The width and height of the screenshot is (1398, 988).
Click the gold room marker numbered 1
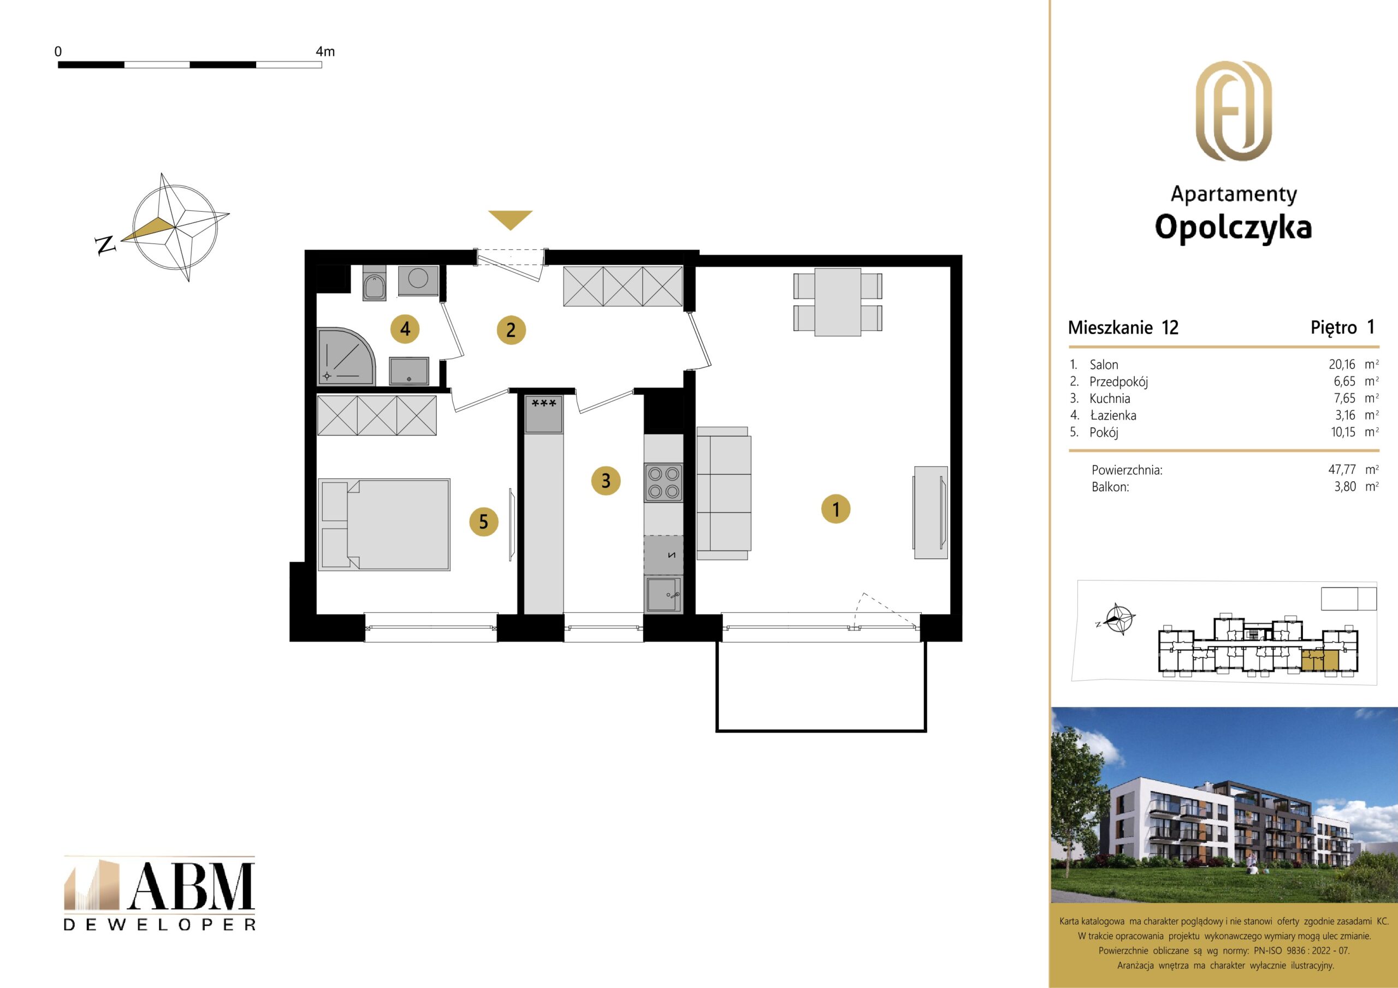(x=836, y=509)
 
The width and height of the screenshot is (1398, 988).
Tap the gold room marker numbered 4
(x=405, y=329)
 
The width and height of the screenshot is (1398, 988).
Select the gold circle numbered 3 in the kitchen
(x=606, y=481)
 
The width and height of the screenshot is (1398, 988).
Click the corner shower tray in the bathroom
(x=346, y=357)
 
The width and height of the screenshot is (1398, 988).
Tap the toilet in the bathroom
(x=374, y=283)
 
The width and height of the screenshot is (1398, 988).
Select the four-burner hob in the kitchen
(x=664, y=482)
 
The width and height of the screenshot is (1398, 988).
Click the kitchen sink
(x=664, y=594)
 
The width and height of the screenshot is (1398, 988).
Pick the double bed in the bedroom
(x=384, y=524)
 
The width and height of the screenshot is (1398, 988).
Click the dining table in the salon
(x=838, y=302)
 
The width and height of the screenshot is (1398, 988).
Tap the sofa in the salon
(x=724, y=493)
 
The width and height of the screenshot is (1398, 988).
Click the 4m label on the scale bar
(x=325, y=52)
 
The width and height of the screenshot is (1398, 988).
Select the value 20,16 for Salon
(x=1342, y=365)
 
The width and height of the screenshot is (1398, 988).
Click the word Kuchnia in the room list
(x=1110, y=398)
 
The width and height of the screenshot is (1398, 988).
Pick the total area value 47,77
(x=1342, y=469)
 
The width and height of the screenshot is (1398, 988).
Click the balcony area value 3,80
(x=1345, y=486)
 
